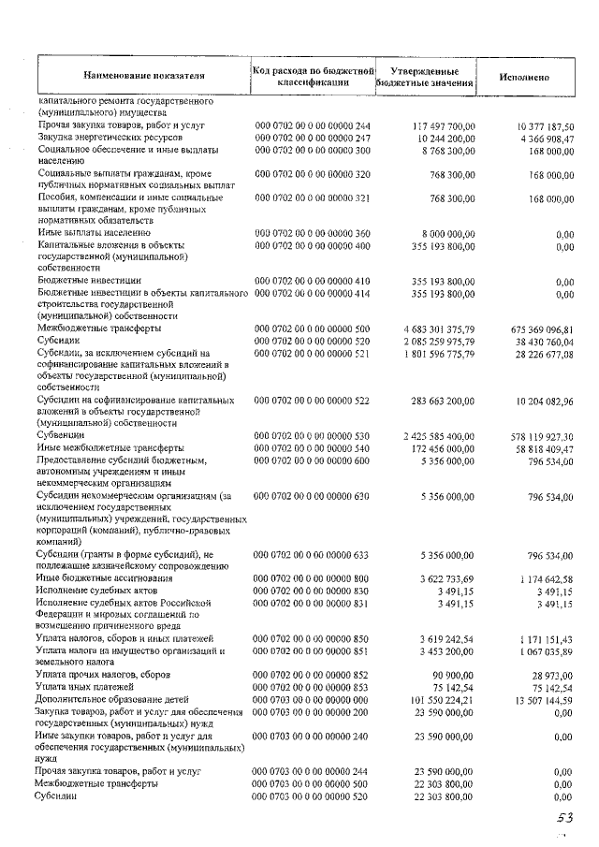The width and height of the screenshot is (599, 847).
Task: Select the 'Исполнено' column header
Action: pyautogui.click(x=523, y=75)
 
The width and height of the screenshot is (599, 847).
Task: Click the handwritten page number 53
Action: pyautogui.click(x=562, y=819)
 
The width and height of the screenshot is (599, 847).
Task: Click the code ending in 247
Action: pyautogui.click(x=313, y=138)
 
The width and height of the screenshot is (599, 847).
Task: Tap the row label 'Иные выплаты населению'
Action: pyautogui.click(x=95, y=232)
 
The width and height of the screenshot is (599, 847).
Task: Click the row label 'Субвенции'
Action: pyautogui.click(x=62, y=435)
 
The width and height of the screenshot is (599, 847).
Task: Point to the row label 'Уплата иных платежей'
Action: pyautogui.click(x=85, y=686)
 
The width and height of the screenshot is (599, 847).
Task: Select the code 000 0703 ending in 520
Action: pyautogui.click(x=313, y=796)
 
